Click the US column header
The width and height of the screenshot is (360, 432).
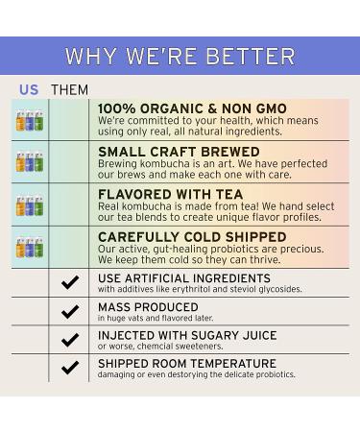tap(29, 89)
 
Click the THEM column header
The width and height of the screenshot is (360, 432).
tap(69, 89)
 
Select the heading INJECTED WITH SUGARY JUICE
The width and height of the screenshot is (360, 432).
tap(187, 335)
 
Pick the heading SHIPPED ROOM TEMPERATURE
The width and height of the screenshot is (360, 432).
tap(186, 364)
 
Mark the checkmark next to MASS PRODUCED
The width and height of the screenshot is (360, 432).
tap(69, 312)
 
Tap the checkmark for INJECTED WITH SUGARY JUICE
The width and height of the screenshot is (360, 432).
tap(69, 340)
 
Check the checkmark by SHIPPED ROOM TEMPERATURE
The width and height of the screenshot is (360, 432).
tap(69, 368)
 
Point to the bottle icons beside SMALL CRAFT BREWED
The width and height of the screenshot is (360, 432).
tap(29, 163)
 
